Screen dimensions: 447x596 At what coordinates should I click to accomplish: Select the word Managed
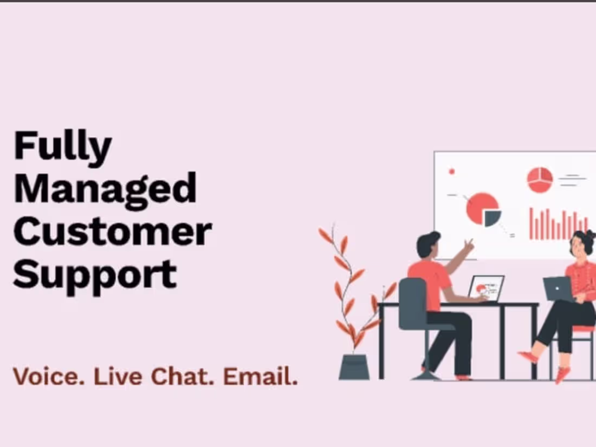tap(105, 188)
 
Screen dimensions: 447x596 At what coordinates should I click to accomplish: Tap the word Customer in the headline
tap(112, 231)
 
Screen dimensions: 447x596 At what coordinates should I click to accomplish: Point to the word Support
tap(95, 274)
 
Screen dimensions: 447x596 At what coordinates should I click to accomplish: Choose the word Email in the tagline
tap(260, 376)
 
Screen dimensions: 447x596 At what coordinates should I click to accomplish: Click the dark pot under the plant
tap(354, 367)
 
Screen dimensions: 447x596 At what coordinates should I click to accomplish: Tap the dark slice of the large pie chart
tap(492, 218)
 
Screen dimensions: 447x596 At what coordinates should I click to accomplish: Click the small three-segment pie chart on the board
tap(540, 180)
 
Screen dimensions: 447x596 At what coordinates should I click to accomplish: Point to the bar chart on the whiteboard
tap(558, 223)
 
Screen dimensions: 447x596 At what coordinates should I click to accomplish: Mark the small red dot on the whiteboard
tap(452, 172)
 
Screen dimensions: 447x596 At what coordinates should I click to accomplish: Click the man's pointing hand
tap(469, 245)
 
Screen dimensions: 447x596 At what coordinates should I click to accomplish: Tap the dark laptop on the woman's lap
tap(559, 289)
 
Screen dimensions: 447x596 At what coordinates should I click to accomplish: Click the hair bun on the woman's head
tap(590, 235)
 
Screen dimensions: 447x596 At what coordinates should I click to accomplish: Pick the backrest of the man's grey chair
tap(412, 303)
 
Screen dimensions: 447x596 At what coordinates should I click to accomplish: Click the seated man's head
tap(428, 245)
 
